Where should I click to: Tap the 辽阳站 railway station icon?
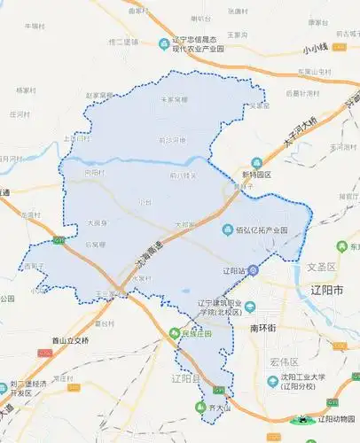coord(254,269)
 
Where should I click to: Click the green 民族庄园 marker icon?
coord(174,334)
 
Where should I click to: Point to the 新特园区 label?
coord(257,175)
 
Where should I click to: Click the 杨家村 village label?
coord(26,89)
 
